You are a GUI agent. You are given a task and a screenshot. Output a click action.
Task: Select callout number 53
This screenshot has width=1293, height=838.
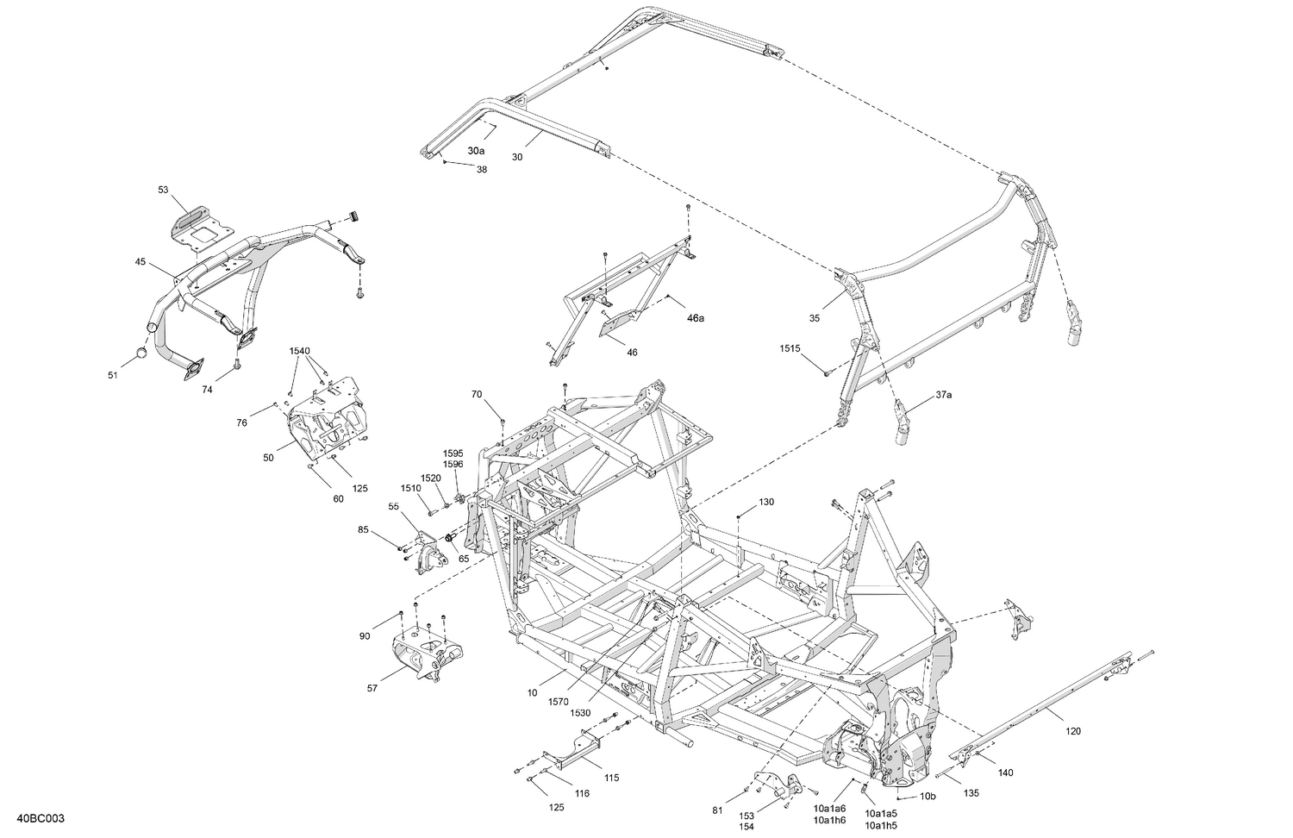click(x=164, y=189)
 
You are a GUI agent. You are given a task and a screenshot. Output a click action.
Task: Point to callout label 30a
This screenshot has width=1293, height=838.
click(x=477, y=150)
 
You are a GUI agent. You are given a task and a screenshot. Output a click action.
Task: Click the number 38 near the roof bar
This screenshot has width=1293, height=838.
click(x=481, y=170)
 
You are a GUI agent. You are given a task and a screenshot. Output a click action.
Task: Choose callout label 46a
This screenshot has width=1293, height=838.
click(x=695, y=318)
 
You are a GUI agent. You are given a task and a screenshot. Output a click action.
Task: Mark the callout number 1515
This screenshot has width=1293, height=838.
click(x=790, y=348)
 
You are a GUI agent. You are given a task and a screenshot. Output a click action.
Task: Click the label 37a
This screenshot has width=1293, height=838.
click(x=944, y=395)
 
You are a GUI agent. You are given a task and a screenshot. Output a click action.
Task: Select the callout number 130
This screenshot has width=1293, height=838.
click(x=766, y=502)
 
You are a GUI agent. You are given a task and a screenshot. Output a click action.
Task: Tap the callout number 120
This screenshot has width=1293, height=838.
click(x=1072, y=731)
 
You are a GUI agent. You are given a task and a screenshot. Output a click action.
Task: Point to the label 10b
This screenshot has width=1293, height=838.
click(x=928, y=797)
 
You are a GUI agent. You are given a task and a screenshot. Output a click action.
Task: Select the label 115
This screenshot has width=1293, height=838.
click(x=611, y=778)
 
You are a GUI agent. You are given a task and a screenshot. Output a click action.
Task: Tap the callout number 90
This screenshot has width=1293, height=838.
click(x=365, y=636)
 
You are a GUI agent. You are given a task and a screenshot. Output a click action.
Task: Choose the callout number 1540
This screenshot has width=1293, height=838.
click(x=299, y=351)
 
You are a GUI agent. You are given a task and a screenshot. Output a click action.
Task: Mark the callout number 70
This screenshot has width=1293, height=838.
click(x=477, y=395)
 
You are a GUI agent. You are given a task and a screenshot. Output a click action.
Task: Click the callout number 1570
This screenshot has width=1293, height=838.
click(x=558, y=703)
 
